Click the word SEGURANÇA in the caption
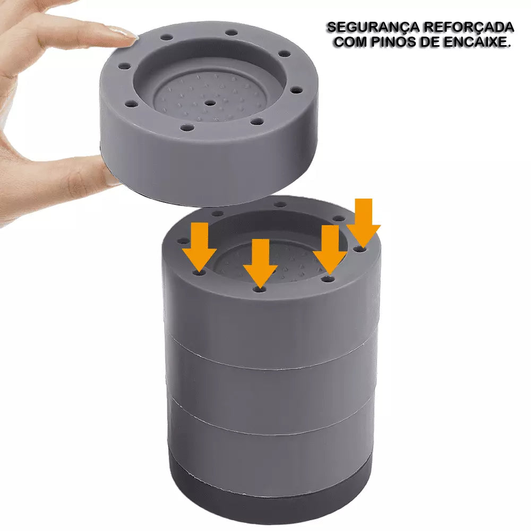(x=372, y=28)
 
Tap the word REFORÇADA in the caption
(x=469, y=28)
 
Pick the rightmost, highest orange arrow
(x=363, y=223)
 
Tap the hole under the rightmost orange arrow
(x=360, y=250)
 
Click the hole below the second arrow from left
(x=260, y=290)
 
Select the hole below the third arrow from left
(x=328, y=279)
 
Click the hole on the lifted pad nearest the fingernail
(x=166, y=37)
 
